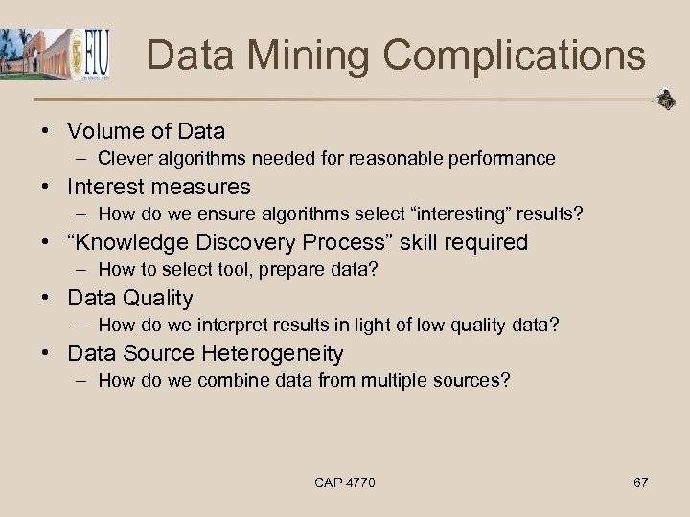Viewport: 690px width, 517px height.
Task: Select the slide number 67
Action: tap(640, 483)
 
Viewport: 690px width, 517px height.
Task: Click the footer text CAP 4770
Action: tap(345, 483)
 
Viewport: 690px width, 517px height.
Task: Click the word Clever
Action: tap(122, 159)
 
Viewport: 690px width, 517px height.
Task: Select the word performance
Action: tap(506, 159)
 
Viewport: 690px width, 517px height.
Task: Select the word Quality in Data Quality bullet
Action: tap(156, 298)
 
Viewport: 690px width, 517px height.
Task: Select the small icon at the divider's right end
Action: tap(663, 99)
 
